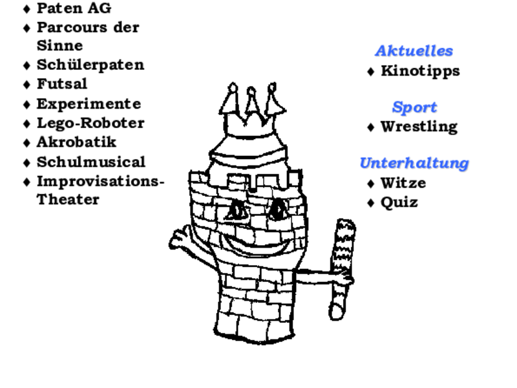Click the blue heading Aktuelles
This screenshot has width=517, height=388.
point(414,51)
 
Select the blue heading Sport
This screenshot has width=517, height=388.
point(414,107)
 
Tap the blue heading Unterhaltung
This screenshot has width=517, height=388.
point(414,163)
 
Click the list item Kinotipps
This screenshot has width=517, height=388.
point(421,71)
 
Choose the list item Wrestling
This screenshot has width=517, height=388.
point(419,127)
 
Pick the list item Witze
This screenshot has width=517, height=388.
point(403,183)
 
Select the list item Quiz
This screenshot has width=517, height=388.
point(399,202)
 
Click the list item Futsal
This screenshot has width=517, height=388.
point(62,84)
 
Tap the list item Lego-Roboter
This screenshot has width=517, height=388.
point(90,123)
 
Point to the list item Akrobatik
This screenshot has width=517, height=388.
point(76,142)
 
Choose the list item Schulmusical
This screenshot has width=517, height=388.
point(91,162)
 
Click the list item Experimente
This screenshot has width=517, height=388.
point(89,104)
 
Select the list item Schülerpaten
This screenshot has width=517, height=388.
point(90,65)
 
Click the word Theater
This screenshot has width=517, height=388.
point(68,200)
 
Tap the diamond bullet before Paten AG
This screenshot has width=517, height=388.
point(26,9)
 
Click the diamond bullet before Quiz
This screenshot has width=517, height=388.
point(370,202)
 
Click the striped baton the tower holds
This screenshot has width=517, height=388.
point(343,269)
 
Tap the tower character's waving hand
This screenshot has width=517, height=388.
point(180,238)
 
